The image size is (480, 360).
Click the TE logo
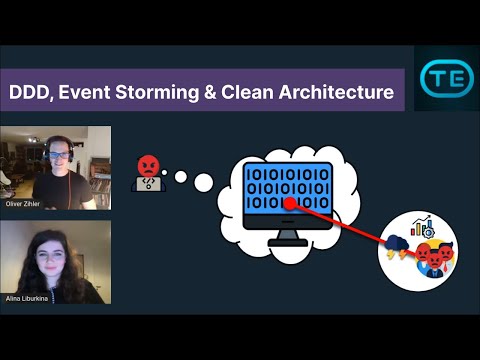coord(440,77)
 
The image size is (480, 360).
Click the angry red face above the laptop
coord(147,162)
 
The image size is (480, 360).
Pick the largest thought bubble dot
coord(204,182)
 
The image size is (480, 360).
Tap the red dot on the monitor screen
coord(287,202)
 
